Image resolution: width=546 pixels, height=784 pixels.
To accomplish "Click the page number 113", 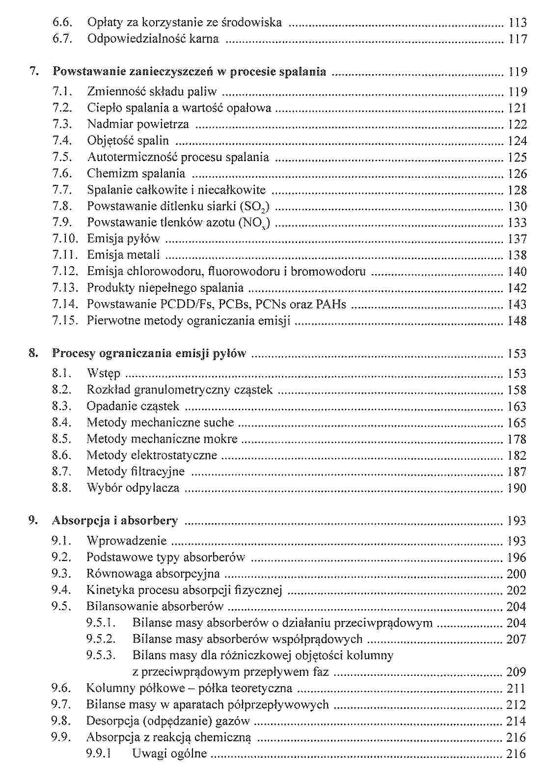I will point(518,23).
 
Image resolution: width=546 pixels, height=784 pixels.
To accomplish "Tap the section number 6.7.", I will point(62,39).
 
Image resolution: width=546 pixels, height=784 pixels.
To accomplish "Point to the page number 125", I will point(518,157).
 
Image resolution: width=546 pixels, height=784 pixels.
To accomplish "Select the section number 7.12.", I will point(65,272).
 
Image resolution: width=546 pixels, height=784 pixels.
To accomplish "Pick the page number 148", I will point(518,321).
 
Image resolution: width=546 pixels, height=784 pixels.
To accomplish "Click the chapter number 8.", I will point(32,353).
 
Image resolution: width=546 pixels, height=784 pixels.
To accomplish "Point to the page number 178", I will point(518,439).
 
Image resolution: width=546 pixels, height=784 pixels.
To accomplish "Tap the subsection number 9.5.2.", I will point(101,639).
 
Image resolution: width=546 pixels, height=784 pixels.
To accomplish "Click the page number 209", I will point(517,672).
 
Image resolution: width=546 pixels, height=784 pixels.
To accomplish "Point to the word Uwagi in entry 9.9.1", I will point(147,754).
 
